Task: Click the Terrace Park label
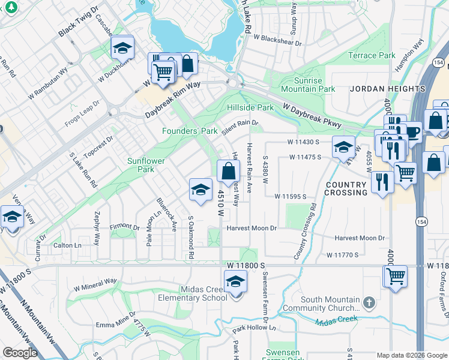pos(372,55)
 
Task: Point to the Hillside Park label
pos(250,107)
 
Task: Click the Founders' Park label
pos(190,131)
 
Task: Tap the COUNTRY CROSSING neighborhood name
pos(346,188)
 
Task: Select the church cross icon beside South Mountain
pos(369,301)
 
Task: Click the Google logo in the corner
pos(20,353)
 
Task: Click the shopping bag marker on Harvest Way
pos(229,172)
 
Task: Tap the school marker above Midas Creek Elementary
pos(236,281)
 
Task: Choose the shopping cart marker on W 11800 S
pos(395,277)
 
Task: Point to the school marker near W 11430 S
pos(343,147)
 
